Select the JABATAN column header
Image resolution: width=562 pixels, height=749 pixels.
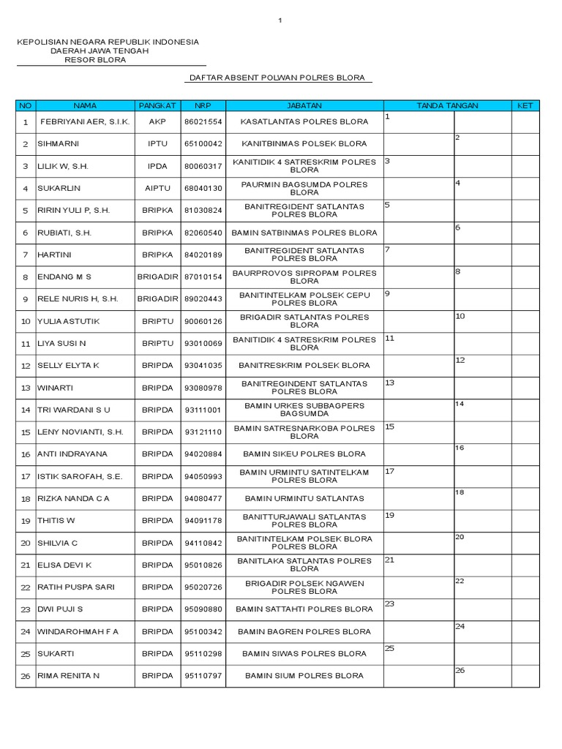point(304,106)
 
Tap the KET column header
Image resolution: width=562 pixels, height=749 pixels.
point(525,106)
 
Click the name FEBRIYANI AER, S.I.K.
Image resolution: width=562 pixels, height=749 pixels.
point(86,121)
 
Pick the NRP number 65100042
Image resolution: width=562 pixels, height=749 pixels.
point(203,144)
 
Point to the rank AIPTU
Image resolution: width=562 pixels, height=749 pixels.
point(158,189)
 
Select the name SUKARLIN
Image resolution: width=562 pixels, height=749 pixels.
point(59,189)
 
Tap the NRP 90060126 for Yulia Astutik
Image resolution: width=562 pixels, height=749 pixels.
point(203,321)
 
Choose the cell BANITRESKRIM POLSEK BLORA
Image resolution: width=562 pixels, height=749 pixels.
point(304,366)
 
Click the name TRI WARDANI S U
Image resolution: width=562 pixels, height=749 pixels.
point(74,410)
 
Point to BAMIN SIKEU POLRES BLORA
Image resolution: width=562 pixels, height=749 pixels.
point(304,454)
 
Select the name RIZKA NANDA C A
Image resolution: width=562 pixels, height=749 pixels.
point(74,499)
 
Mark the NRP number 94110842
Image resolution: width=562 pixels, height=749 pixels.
point(203,543)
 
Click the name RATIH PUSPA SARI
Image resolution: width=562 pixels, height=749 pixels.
point(75,587)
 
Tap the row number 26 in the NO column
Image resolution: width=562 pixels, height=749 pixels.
point(26,677)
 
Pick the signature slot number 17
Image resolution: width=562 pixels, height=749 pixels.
point(390,472)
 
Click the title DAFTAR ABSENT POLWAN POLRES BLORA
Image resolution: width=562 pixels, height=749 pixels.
point(277,78)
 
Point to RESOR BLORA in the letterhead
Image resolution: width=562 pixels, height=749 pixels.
point(95,60)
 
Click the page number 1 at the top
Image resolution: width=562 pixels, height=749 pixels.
point(280,20)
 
